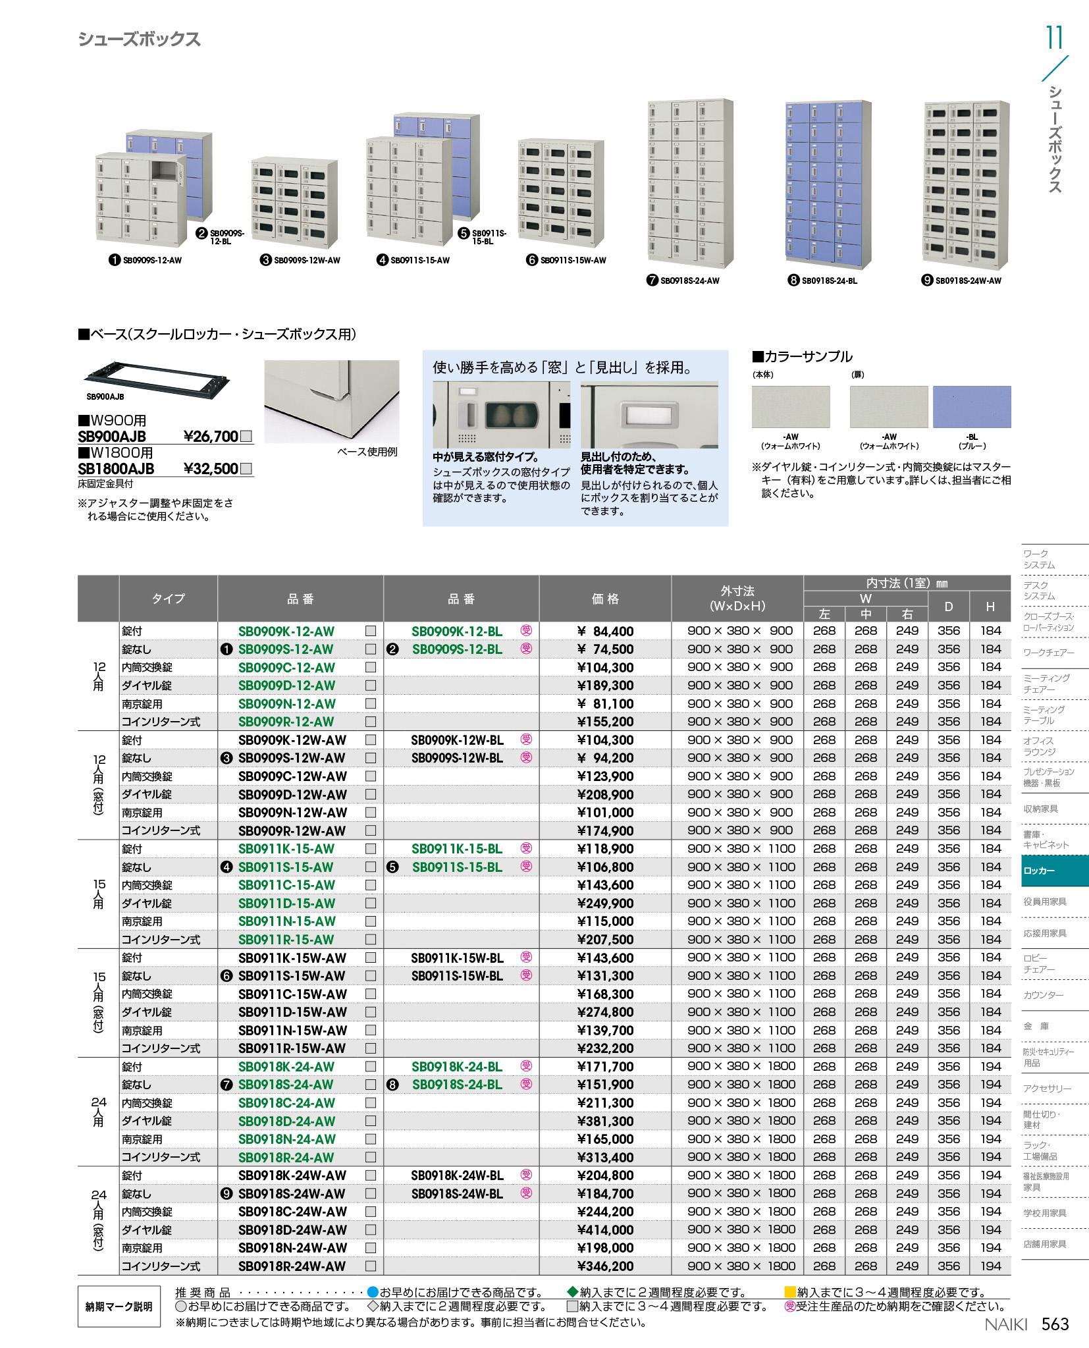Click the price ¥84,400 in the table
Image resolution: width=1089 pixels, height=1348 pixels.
pos(605,631)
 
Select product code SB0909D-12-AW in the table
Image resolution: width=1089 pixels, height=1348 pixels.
pos(286,686)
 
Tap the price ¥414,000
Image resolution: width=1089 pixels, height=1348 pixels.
pos(605,1229)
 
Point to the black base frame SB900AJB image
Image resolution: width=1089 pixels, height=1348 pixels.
pos(157,379)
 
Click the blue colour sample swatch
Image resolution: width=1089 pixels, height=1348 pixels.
pos(972,407)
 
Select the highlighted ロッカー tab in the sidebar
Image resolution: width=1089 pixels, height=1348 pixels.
pos(1054,871)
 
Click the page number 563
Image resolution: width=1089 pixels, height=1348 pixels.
pos(1055,1324)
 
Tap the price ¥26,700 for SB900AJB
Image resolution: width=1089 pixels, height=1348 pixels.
pos(211,437)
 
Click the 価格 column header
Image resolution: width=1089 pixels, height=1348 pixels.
pos(605,599)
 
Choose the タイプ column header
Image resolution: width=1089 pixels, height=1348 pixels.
pos(169,599)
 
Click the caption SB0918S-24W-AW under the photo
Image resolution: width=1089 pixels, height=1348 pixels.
pos(968,281)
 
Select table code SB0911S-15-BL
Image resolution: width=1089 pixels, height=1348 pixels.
pos(457,867)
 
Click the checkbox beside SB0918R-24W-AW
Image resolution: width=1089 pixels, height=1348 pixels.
pos(371,1266)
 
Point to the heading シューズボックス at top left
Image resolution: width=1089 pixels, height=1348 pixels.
pos(139,40)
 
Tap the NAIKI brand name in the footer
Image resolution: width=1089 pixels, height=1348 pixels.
pos(1005,1324)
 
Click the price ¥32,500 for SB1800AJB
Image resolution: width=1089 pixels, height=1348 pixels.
pos(211,469)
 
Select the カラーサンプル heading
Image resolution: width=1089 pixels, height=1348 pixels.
pos(803,357)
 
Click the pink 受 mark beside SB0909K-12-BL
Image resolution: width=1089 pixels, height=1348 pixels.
pos(526,630)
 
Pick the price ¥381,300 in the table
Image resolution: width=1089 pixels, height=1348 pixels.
pos(605,1121)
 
